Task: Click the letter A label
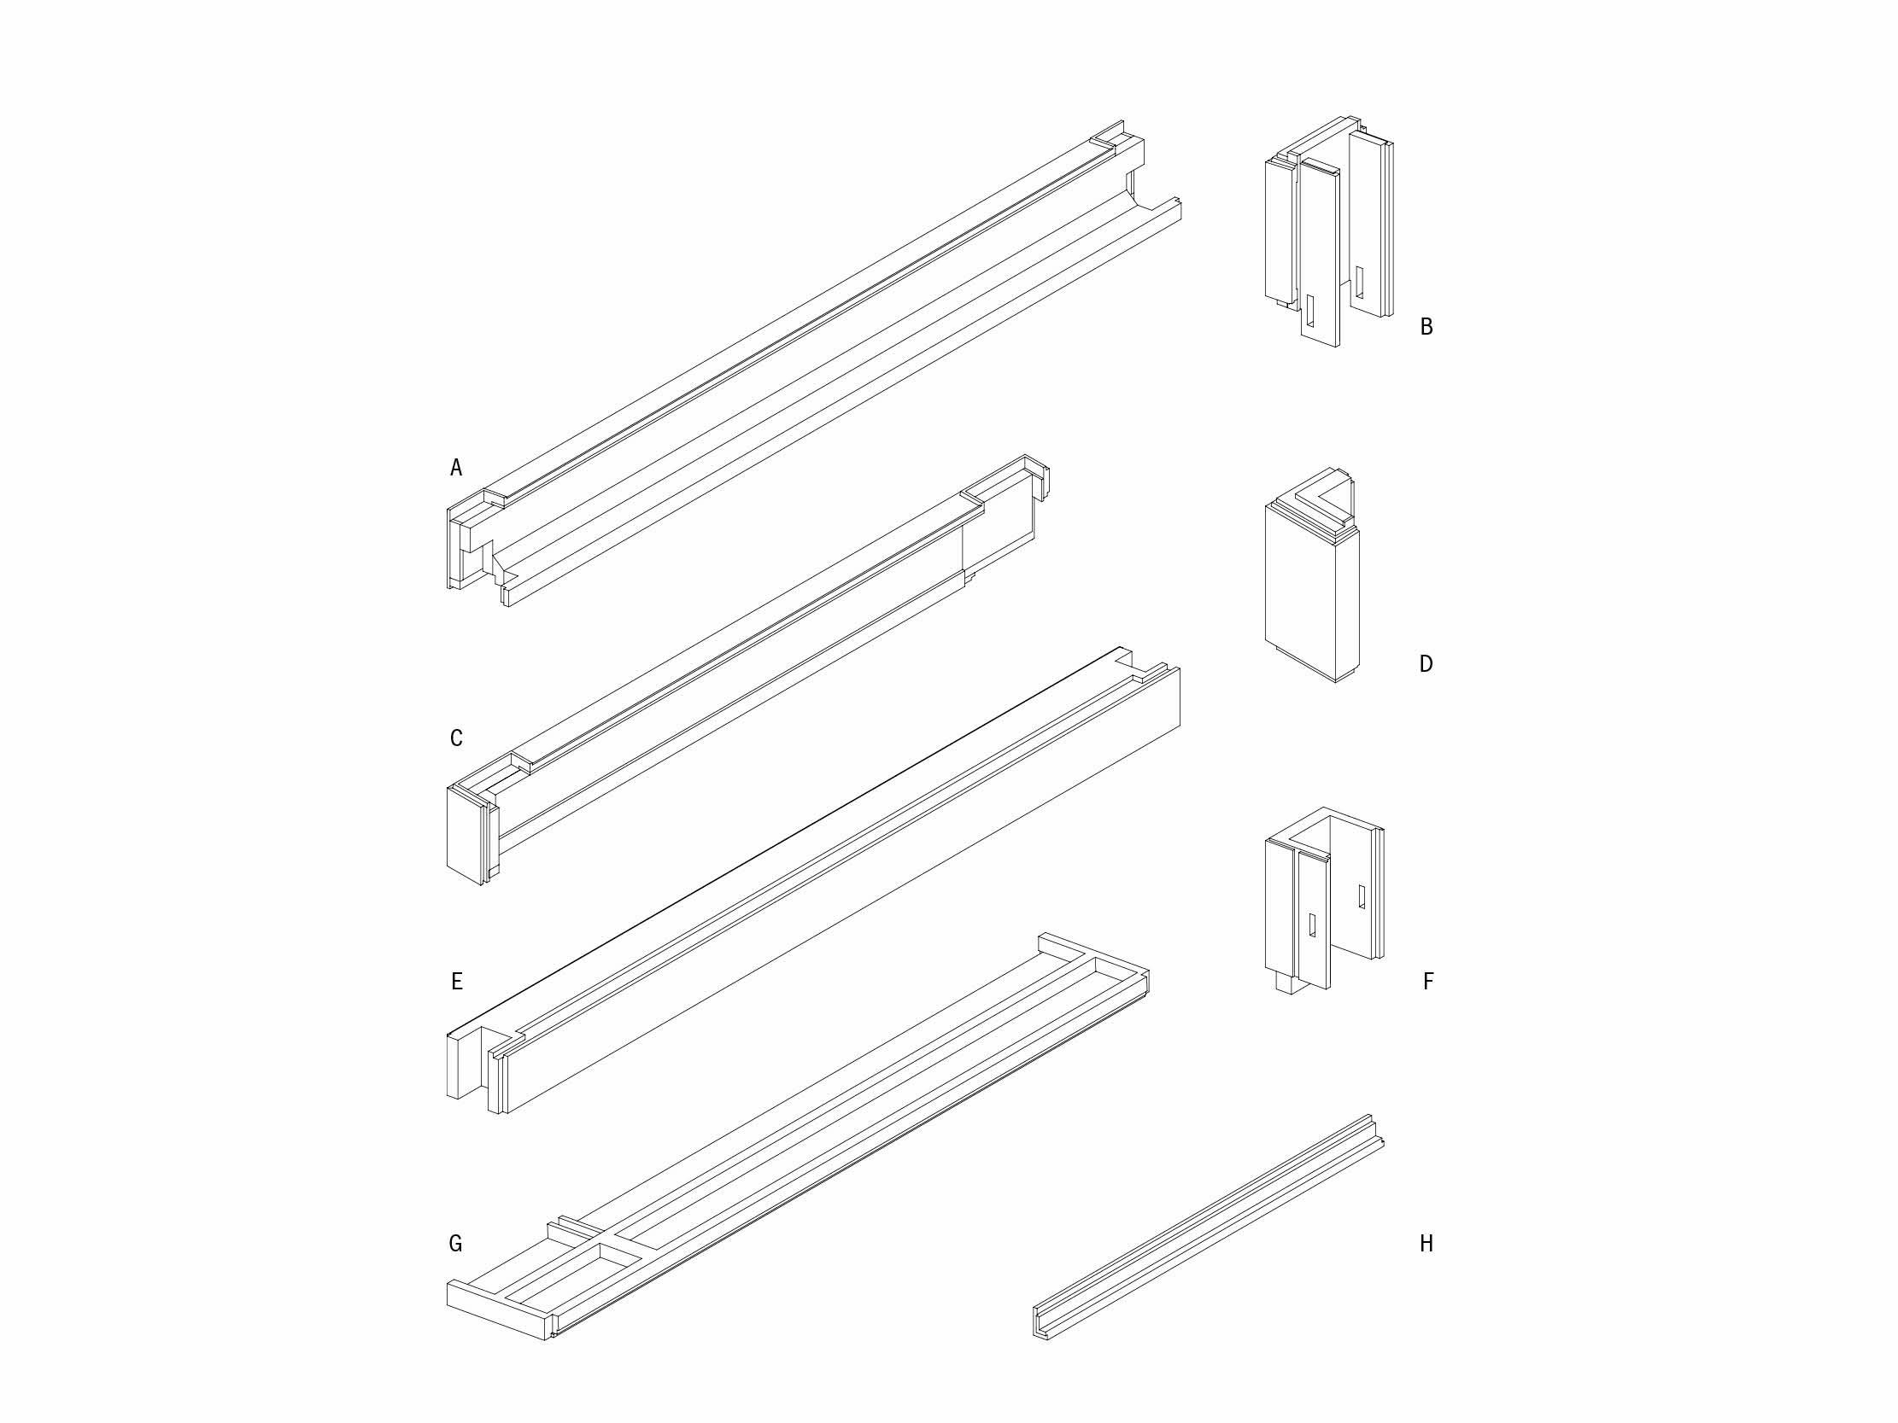coord(455,468)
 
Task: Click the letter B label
coord(1426,326)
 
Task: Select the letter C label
coord(455,738)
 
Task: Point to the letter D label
coord(1426,664)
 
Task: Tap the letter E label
coord(456,982)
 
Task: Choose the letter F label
coord(1428,982)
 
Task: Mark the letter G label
coord(455,1243)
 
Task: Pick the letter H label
coord(1426,1243)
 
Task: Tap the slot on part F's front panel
coord(1312,923)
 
